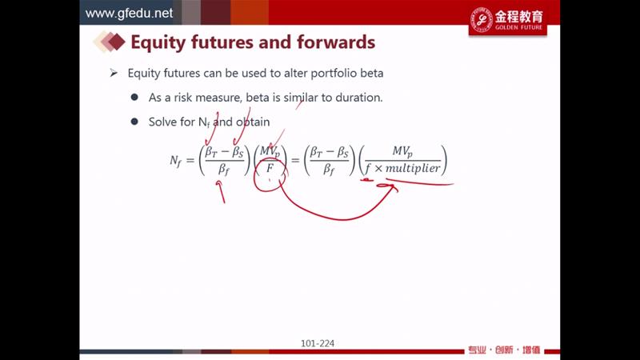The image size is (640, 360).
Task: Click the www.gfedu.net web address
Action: coord(129,13)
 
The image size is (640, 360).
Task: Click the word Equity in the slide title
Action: coord(158,42)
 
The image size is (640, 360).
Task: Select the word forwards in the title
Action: coord(336,42)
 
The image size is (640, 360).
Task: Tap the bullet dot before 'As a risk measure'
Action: coord(134,97)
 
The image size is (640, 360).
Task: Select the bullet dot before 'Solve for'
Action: coord(134,122)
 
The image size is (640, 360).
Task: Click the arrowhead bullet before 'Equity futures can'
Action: coord(114,73)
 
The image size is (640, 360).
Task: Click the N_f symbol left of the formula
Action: coord(175,161)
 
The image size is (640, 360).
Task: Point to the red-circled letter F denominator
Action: coord(270,168)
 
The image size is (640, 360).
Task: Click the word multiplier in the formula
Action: coord(413,168)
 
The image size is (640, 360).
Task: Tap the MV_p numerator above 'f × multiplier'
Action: coord(402,151)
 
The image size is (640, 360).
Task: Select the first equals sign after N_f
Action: coord(190,160)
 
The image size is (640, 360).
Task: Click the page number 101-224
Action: coord(318,344)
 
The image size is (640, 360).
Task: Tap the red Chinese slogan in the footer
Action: coord(504,350)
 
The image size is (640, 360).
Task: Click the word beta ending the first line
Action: coord(372,73)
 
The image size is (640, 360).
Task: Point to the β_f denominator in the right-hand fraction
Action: coord(329,169)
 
